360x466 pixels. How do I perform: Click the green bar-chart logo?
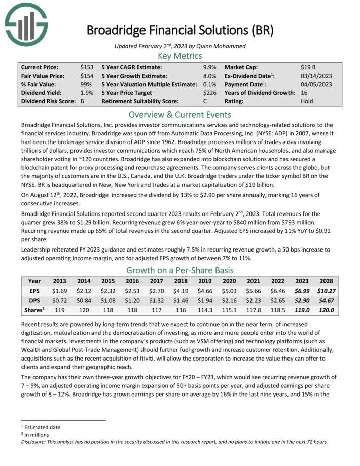tap(26, 23)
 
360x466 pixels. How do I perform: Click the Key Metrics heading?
tap(180, 56)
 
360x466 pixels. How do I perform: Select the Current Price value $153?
tap(87, 67)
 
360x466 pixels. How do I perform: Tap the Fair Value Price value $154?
tap(87, 76)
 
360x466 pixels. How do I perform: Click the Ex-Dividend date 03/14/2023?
tap(316, 76)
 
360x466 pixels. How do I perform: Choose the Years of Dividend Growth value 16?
tap(304, 93)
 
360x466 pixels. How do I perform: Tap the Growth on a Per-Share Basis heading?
tap(180, 270)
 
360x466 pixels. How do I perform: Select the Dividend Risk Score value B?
tap(82, 101)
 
